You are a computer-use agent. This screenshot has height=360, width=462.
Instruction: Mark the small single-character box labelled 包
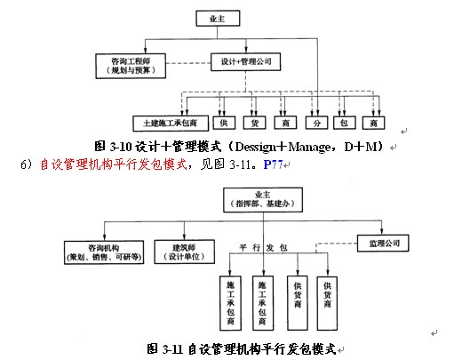[x=346, y=122]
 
